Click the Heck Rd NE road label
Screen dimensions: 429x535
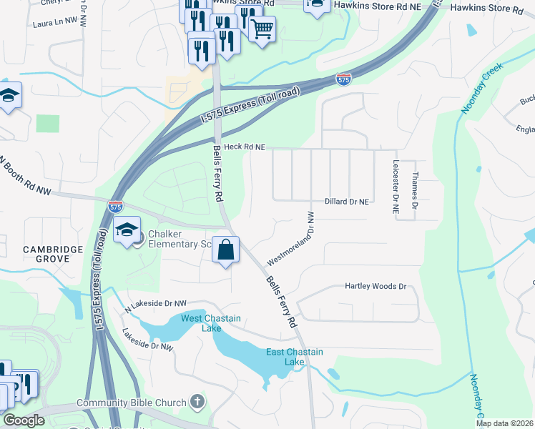click(x=245, y=147)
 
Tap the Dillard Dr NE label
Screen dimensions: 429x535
click(x=347, y=202)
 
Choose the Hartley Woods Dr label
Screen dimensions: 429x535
click(x=376, y=286)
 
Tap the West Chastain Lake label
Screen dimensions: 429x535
click(x=210, y=323)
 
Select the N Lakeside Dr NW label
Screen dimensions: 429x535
click(x=155, y=306)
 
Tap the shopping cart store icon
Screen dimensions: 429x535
click(x=262, y=29)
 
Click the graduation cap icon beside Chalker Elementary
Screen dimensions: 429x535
click(x=127, y=230)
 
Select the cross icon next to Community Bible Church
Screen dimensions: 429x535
click(x=199, y=403)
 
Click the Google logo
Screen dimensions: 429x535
click(x=23, y=420)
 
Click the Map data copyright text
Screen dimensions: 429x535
click(x=504, y=423)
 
